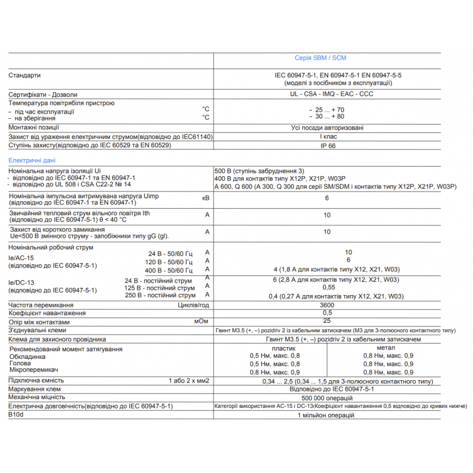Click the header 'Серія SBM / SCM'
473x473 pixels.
click(320, 58)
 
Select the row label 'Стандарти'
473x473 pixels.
click(25, 76)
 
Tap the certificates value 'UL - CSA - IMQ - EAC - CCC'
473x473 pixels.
click(323, 94)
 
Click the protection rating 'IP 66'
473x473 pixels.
click(328, 145)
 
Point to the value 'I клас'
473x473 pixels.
click(327, 137)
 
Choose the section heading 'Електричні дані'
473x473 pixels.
click(33, 160)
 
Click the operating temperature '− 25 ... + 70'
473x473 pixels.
click(327, 110)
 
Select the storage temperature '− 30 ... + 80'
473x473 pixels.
click(327, 117)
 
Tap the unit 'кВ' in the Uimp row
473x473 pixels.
click(206, 198)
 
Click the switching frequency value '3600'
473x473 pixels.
click(327, 304)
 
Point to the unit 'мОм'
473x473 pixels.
click(200, 322)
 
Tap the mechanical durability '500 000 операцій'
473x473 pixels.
click(326, 398)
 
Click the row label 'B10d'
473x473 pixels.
click(15, 415)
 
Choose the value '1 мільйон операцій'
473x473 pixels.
click(326, 415)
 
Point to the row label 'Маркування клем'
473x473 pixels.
click(33, 390)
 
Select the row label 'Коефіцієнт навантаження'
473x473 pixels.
click(47, 313)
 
